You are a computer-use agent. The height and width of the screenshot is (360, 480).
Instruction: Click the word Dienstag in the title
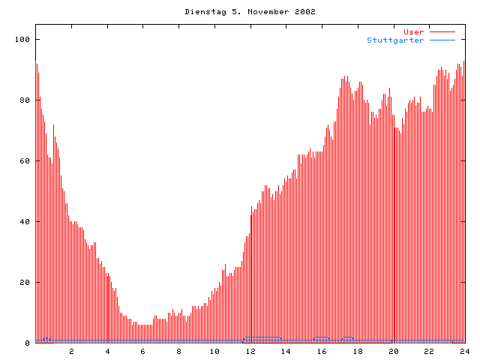click(x=203, y=12)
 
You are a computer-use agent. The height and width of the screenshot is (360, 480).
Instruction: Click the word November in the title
click(x=262, y=12)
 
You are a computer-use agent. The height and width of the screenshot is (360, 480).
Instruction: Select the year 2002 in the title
click(x=303, y=12)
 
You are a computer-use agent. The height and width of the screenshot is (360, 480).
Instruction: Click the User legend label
click(x=413, y=31)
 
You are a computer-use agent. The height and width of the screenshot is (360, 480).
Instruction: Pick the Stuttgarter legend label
click(x=395, y=40)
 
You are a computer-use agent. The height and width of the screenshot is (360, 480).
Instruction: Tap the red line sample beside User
click(x=442, y=31)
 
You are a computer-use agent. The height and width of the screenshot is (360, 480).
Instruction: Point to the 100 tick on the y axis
click(x=23, y=39)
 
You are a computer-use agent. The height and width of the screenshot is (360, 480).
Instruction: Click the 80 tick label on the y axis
click(x=25, y=100)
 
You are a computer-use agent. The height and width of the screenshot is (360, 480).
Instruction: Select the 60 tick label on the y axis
click(x=25, y=160)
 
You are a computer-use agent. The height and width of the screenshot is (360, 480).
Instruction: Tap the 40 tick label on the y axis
click(x=25, y=221)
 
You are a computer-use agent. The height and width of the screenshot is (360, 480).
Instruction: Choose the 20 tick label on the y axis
click(x=25, y=282)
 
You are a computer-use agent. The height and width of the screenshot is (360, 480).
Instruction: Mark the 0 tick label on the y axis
click(x=28, y=343)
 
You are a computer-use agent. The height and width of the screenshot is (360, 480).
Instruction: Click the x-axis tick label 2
click(x=72, y=351)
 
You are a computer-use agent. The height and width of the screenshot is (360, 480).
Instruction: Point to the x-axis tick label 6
click(x=143, y=351)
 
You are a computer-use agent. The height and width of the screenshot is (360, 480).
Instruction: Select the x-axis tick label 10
click(x=214, y=351)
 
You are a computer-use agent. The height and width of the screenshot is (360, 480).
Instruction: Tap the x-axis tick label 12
click(x=250, y=351)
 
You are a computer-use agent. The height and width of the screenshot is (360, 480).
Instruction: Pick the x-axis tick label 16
click(x=322, y=351)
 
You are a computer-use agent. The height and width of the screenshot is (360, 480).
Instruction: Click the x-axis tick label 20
click(x=393, y=351)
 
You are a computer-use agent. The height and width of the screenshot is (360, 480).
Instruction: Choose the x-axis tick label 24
click(x=464, y=351)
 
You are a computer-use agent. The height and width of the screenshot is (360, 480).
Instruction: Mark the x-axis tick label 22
click(x=429, y=351)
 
